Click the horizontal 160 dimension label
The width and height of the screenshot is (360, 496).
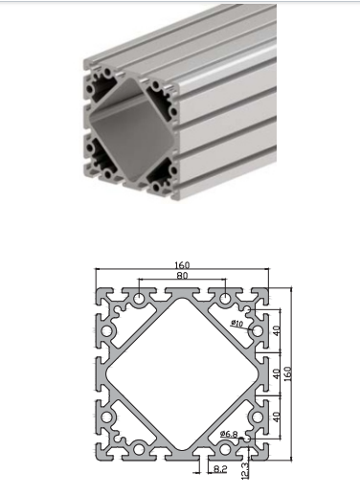(x=182, y=265)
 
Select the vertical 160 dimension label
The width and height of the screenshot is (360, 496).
(x=287, y=373)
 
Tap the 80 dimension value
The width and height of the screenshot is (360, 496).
(x=182, y=275)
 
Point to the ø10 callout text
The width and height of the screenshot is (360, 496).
(x=236, y=324)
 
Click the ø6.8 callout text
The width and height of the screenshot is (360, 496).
(x=229, y=434)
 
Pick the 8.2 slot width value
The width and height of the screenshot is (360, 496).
(x=220, y=468)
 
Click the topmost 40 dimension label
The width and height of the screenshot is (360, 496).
(x=277, y=330)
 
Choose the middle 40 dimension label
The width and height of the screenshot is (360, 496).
(x=277, y=373)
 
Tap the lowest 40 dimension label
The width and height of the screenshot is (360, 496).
(x=277, y=417)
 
